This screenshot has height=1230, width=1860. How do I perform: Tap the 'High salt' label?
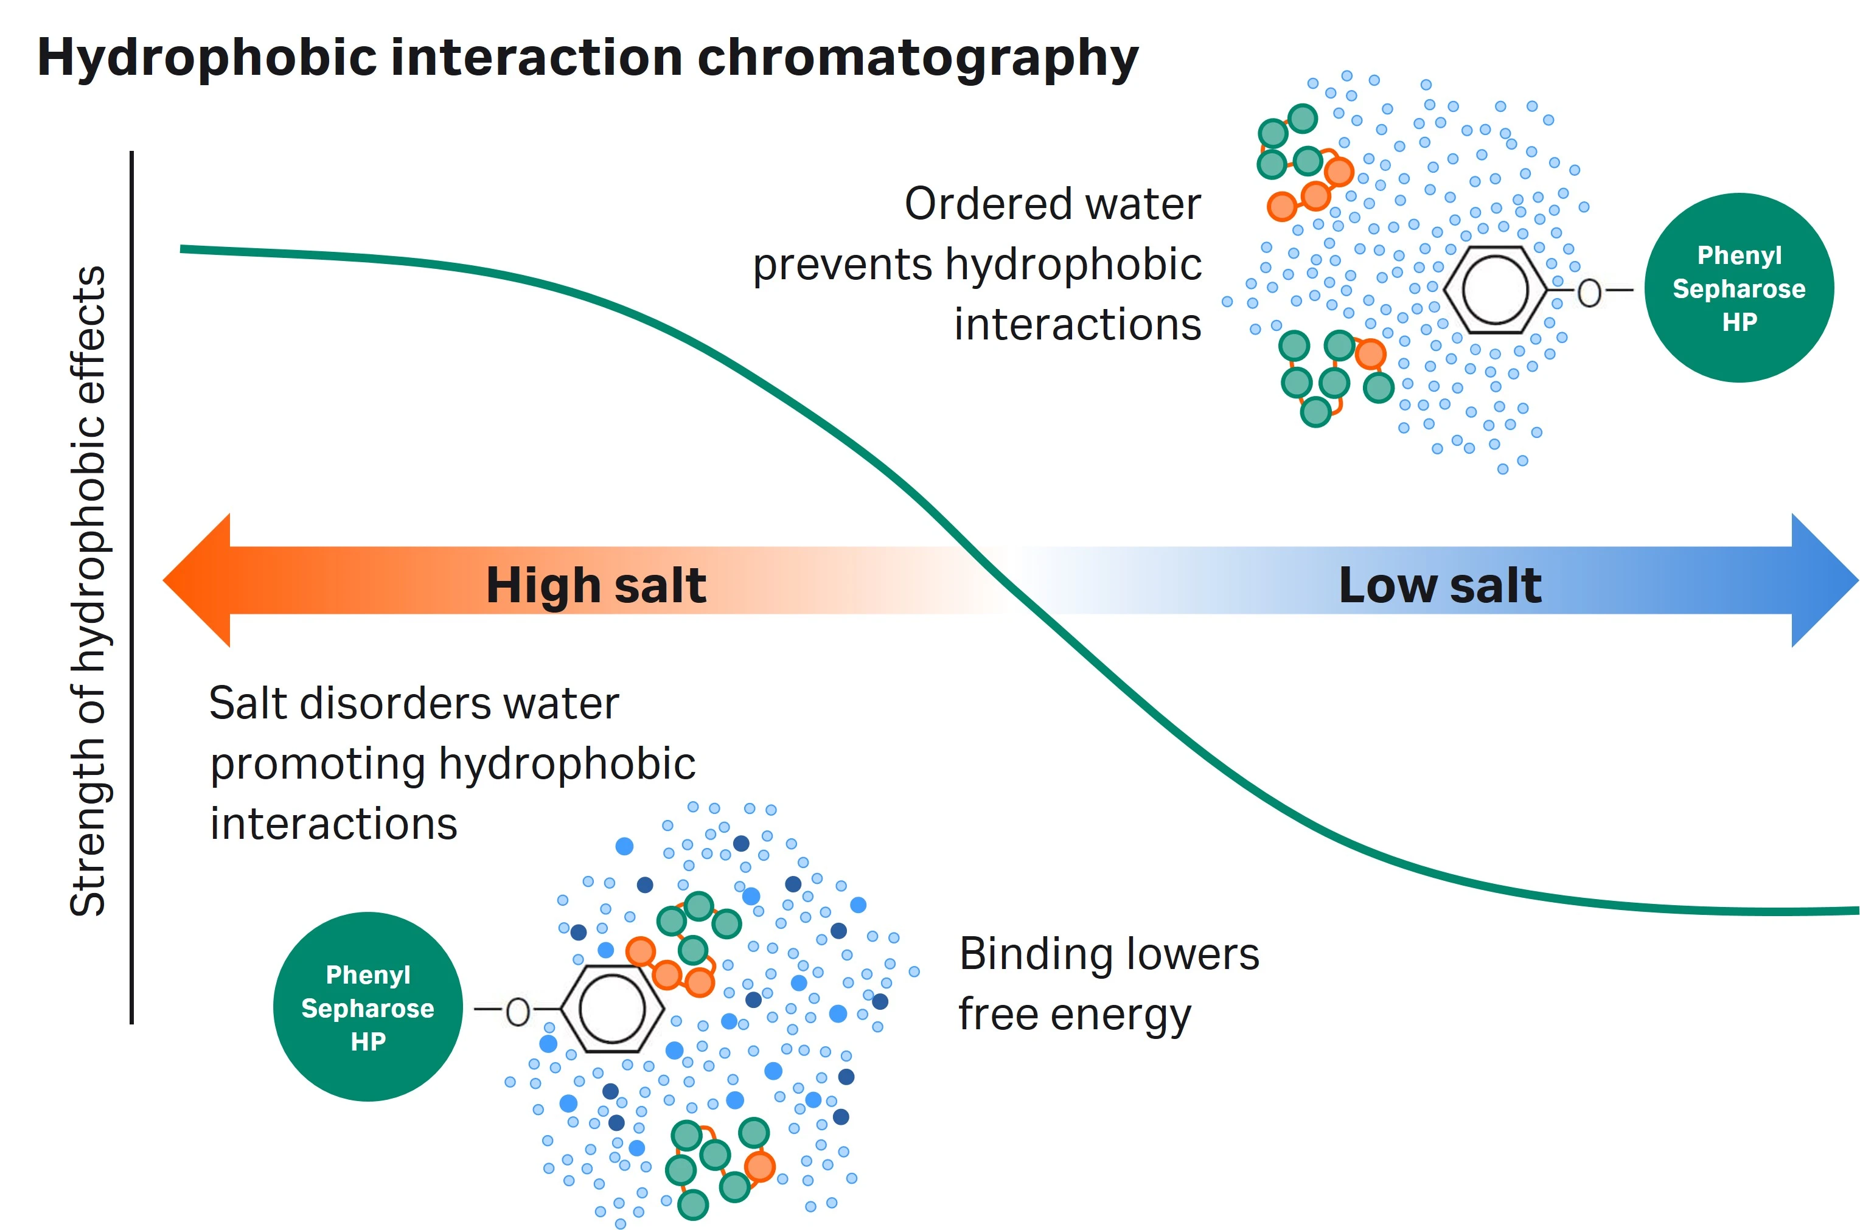[596, 585]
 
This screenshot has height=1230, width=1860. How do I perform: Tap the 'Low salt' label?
[1440, 585]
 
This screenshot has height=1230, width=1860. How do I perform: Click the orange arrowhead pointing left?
[196, 580]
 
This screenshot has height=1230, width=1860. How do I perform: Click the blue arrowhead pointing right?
[1824, 580]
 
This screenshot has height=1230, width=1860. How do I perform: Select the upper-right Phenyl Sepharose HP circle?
[1738, 288]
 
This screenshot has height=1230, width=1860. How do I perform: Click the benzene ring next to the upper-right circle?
[1495, 290]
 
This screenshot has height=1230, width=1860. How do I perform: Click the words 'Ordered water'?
[1052, 204]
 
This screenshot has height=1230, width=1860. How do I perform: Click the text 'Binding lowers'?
[1109, 954]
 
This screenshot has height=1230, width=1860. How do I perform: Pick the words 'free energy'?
[1075, 1015]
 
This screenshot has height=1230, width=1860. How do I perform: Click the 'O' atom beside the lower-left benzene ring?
[518, 1012]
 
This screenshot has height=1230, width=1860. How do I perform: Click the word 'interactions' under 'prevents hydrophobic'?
[1077, 325]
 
